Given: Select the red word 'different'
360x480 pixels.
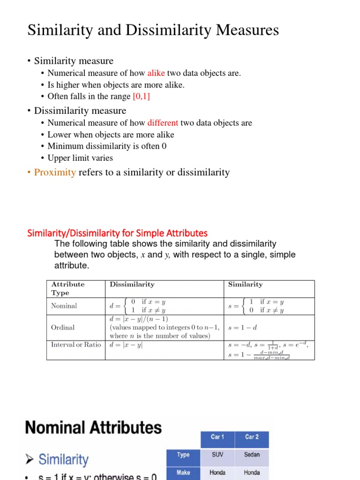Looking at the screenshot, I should click(x=163, y=123).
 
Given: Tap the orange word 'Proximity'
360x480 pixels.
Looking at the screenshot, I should click(x=55, y=172).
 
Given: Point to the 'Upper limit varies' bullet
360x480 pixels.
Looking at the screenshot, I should click(x=80, y=158).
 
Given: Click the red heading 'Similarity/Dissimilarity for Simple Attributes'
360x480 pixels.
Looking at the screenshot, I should click(x=117, y=233).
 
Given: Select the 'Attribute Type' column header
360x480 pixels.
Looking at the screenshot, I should click(x=68, y=288).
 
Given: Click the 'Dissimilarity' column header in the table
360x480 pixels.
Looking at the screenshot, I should click(x=132, y=284).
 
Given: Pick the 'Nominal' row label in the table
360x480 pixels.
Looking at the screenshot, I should click(x=64, y=306).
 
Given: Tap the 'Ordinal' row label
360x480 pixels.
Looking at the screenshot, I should click(x=63, y=327).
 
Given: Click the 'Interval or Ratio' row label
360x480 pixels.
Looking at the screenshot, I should click(x=76, y=345).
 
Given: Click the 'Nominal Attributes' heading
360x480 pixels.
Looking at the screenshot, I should click(x=93, y=427).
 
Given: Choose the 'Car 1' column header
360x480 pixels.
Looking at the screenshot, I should click(x=217, y=437).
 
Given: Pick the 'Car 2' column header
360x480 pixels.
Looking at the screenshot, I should click(x=252, y=437).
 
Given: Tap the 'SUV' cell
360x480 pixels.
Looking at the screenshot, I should click(x=217, y=454).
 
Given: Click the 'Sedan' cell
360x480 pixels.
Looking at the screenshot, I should click(x=252, y=454).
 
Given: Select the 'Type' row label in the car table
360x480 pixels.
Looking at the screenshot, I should click(x=183, y=454).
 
